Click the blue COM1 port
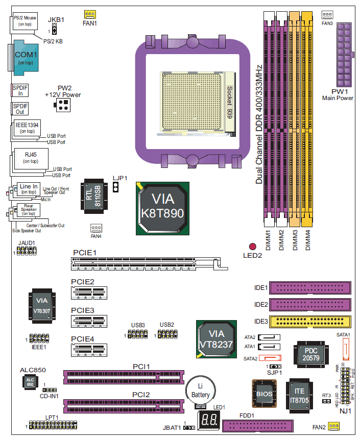pos(23,58)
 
